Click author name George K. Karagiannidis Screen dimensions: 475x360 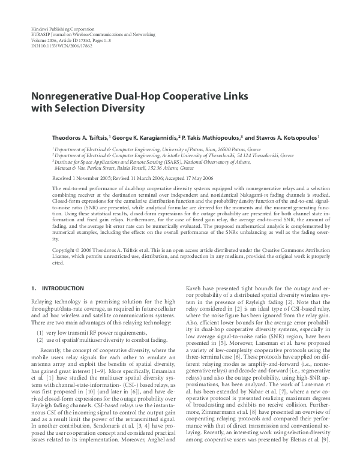[x=146, y=137]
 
